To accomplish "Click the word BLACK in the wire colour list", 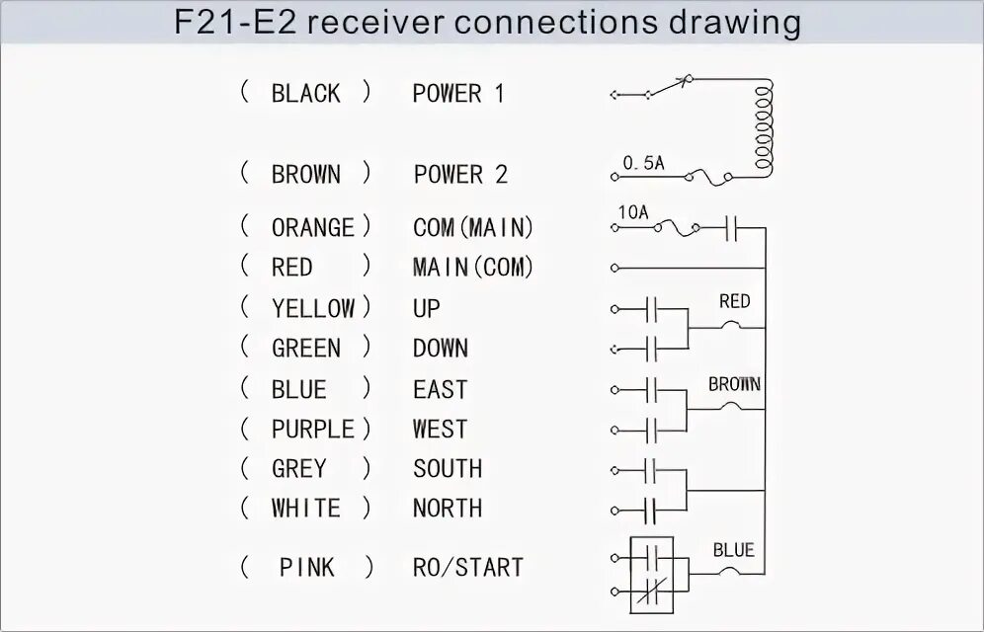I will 305,94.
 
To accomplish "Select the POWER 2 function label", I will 460,175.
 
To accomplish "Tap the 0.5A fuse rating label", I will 643,163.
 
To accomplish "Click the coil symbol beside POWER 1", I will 763,128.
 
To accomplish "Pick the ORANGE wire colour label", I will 312,228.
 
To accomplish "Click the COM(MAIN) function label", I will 473,228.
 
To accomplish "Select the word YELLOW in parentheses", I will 312,308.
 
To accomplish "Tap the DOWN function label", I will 441,349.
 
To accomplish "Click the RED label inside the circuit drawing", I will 734,301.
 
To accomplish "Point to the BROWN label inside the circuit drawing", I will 734,384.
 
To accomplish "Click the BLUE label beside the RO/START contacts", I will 733,550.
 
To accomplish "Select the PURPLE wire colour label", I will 312,430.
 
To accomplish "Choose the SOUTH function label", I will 448,469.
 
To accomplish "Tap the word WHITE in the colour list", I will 305,509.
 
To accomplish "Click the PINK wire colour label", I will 306,568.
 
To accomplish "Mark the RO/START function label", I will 467,568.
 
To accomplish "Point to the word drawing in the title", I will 732,22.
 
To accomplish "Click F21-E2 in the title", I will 233,22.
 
